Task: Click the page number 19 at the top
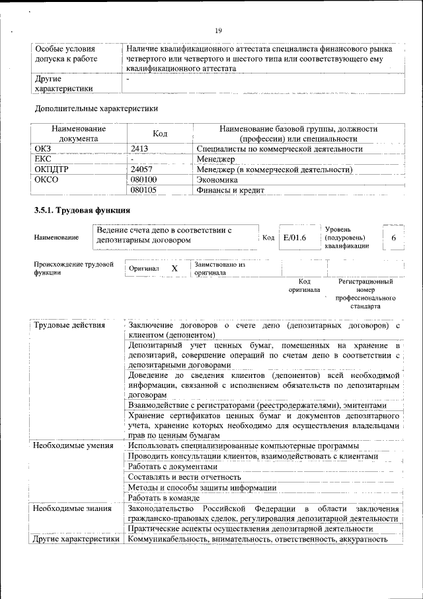tap(218, 30)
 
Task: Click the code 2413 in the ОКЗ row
tap(139, 150)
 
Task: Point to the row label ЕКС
tap(43, 160)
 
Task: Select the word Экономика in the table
tap(218, 180)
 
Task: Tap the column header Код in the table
tap(160, 134)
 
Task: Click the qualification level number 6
tap(394, 238)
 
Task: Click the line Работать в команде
tap(164, 498)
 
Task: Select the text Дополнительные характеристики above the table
tap(96, 108)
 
